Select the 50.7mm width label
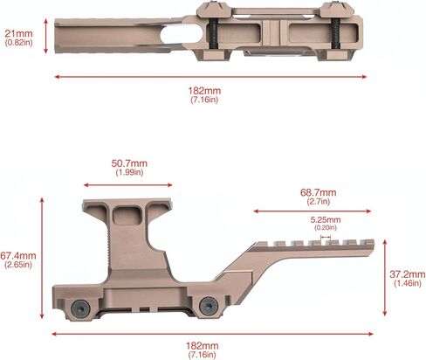click(x=127, y=163)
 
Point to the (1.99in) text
click(x=127, y=173)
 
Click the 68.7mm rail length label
click(x=318, y=191)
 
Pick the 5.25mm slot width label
click(x=325, y=219)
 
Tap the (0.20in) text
click(x=325, y=227)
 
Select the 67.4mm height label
click(x=17, y=256)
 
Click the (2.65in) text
click(x=17, y=267)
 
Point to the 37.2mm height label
click(x=407, y=273)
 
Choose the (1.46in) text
click(x=407, y=284)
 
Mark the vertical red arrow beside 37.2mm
click(x=386, y=279)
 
